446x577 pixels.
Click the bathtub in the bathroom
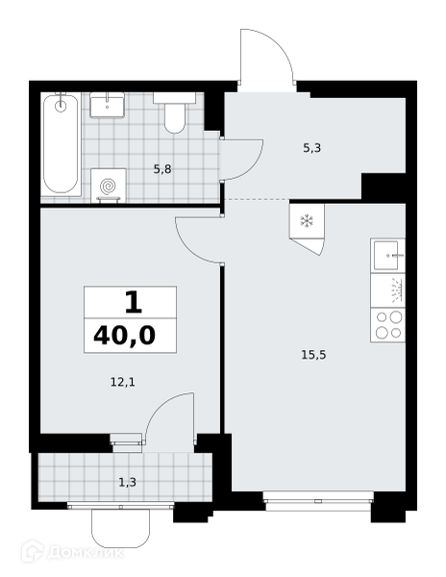61,144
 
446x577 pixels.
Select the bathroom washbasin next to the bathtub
108,106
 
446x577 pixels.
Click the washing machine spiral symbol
109,186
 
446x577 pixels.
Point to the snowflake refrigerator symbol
307,221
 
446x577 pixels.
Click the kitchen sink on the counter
388,256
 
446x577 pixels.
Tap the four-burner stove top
388,325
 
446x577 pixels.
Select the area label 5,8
162,170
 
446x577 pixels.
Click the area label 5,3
311,148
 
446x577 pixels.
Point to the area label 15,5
314,355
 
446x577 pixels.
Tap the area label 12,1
123,383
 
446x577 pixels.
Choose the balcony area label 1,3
127,482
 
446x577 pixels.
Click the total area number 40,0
125,336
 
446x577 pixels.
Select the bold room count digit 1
133,302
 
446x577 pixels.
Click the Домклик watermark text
85,553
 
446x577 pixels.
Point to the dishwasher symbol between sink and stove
388,290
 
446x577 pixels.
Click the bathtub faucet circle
61,107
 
